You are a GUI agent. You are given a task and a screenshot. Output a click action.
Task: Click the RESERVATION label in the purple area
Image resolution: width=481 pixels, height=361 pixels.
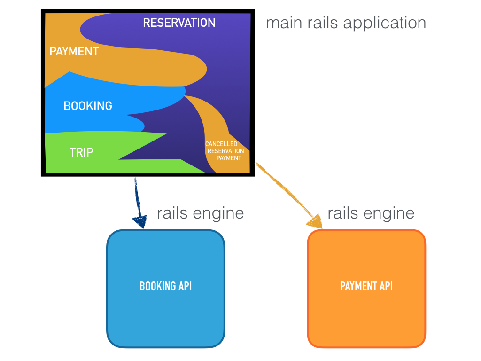click(179, 23)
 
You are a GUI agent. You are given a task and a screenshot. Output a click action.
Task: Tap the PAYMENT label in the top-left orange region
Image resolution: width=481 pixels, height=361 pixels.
click(74, 51)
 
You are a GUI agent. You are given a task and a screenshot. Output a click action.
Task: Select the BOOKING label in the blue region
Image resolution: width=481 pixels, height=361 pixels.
click(88, 106)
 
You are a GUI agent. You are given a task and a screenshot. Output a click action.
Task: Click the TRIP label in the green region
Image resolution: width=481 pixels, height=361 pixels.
click(81, 152)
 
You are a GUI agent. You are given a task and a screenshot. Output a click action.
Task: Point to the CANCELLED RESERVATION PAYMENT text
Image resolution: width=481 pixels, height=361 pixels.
click(225, 151)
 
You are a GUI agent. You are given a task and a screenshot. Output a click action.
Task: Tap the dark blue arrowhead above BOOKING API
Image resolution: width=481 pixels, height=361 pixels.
click(140, 221)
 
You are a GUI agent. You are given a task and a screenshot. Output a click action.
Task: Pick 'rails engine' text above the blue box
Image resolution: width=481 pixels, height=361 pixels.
click(201, 213)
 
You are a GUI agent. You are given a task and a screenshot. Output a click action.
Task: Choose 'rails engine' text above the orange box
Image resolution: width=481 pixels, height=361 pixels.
click(371, 213)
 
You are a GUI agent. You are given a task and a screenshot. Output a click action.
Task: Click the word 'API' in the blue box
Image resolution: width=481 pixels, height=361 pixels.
click(184, 286)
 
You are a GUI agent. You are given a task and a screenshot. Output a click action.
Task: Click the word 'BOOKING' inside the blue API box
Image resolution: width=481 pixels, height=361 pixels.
click(156, 286)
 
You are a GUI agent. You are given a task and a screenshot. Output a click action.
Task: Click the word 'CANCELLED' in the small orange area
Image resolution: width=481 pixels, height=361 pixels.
click(221, 144)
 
